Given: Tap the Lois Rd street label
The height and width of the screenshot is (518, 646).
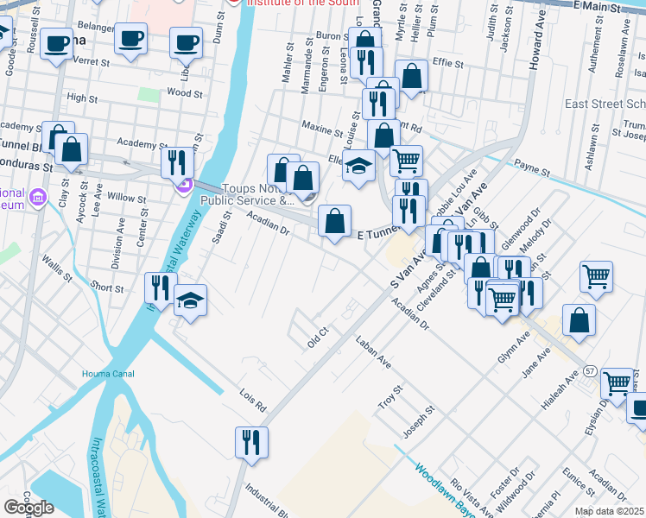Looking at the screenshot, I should (253, 398).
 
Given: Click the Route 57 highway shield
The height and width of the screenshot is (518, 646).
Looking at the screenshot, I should (591, 370).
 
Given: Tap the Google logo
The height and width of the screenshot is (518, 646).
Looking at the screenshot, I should (28, 507).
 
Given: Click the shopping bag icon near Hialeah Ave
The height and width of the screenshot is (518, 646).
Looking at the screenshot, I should (579, 320).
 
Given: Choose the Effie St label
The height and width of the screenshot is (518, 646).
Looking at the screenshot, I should (448, 63).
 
